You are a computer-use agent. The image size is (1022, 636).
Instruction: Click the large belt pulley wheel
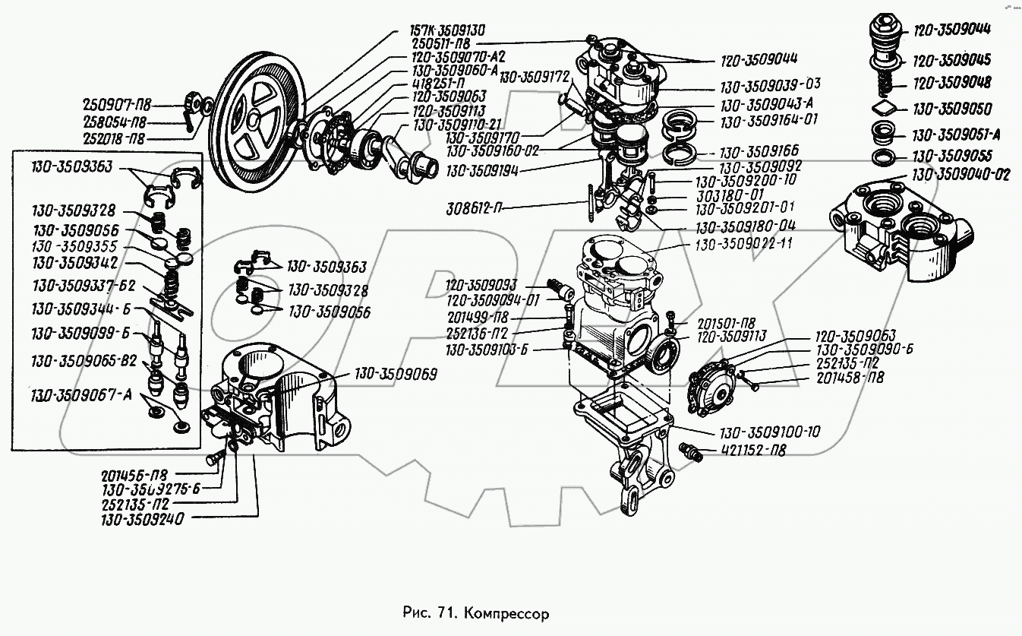pyautogui.click(x=254, y=125)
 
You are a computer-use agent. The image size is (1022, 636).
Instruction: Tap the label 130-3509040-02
pyautogui.click(x=962, y=175)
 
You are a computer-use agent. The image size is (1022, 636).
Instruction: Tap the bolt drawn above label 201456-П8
pyautogui.click(x=214, y=458)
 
